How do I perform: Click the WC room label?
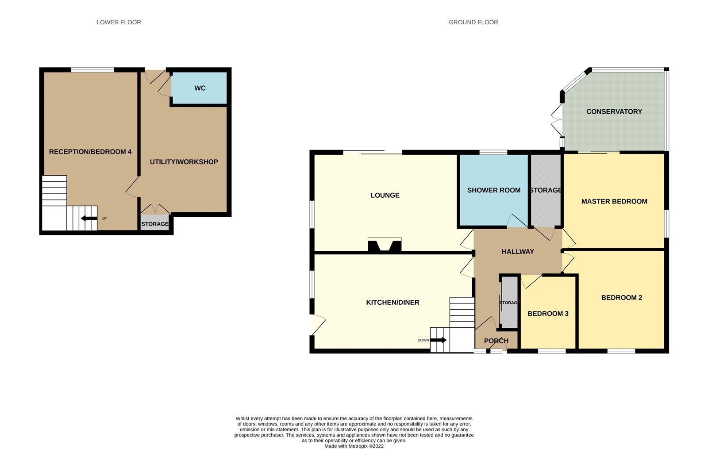pyautogui.click(x=200, y=88)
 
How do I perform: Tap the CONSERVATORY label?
pyautogui.click(x=614, y=111)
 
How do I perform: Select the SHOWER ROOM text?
pyautogui.click(x=493, y=190)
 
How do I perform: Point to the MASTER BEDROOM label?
pyautogui.click(x=614, y=201)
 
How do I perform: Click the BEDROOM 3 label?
pyautogui.click(x=548, y=314)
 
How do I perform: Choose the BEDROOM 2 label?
pyautogui.click(x=621, y=298)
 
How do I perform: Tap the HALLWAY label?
pyautogui.click(x=517, y=252)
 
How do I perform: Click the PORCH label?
pyautogui.click(x=496, y=341)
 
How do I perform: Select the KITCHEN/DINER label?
pyautogui.click(x=392, y=303)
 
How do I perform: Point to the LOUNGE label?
pyautogui.click(x=385, y=195)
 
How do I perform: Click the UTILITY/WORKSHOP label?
pyautogui.click(x=184, y=162)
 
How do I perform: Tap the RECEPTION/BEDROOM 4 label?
pyautogui.click(x=90, y=152)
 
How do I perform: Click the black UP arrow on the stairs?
pyautogui.click(x=89, y=218)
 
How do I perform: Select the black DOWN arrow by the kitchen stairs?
pyautogui.click(x=438, y=340)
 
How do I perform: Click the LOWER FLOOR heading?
pyautogui.click(x=119, y=22)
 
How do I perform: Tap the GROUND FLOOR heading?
pyautogui.click(x=473, y=22)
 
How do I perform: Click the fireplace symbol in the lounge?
pyautogui.click(x=384, y=245)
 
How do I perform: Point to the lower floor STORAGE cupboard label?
pyautogui.click(x=154, y=224)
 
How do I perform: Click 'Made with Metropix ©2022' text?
pyautogui.click(x=354, y=446)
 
